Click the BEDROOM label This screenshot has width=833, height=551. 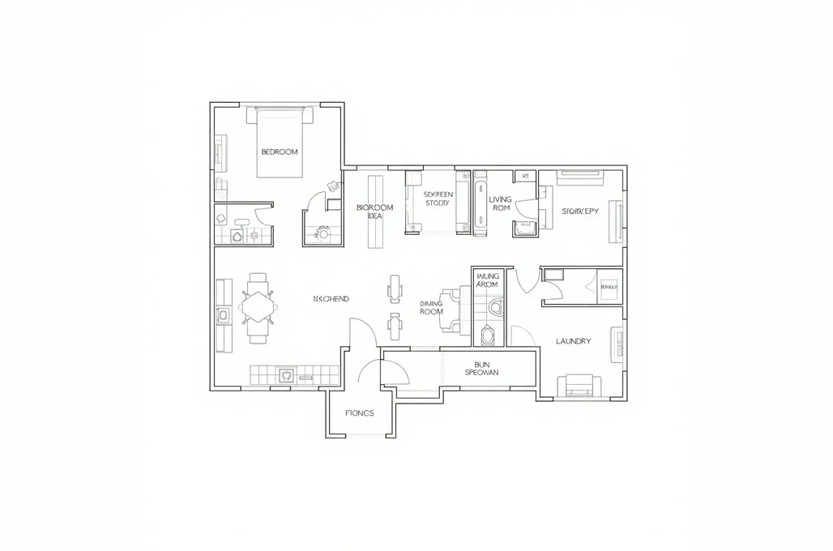click(280, 152)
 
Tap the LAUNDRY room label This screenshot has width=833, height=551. click(573, 341)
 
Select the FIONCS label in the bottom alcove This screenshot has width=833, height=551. click(359, 413)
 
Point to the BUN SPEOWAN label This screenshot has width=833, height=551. click(481, 368)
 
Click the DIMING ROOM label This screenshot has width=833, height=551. click(431, 308)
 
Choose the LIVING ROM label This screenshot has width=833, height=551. click(501, 203)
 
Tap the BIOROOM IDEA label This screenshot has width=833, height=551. click(374, 211)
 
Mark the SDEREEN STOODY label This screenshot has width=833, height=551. click(438, 199)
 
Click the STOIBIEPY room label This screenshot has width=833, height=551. click(580, 211)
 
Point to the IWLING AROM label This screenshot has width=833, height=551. click(487, 280)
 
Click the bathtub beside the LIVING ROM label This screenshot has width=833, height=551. click(480, 203)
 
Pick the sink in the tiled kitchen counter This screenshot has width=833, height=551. click(285, 375)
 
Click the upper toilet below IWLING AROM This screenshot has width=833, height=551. click(496, 306)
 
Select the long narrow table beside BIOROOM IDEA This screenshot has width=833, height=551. click(374, 211)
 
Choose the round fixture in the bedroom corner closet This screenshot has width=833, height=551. click(324, 233)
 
